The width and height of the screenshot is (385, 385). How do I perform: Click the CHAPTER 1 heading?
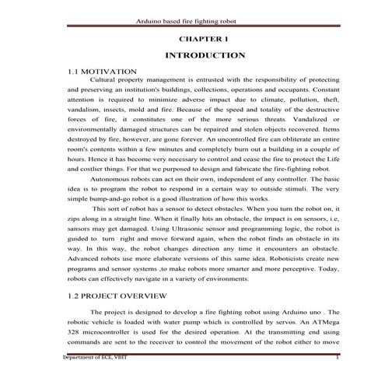205,37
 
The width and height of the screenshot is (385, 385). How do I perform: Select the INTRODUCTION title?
205,55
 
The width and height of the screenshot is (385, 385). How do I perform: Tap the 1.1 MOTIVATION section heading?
103,71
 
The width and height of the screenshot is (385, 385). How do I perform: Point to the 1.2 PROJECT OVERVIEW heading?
117,296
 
